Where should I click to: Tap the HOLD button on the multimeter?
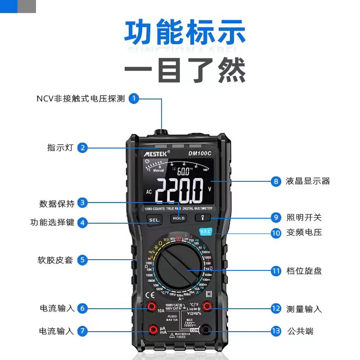[x=178, y=218]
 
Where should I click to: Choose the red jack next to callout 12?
[x=207, y=306]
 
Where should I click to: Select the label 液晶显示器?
[x=308, y=181]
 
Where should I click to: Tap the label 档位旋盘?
[x=304, y=271]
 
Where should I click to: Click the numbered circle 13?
[x=276, y=331]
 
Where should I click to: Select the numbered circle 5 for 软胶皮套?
[x=81, y=260]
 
